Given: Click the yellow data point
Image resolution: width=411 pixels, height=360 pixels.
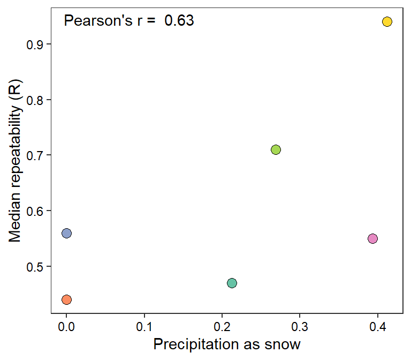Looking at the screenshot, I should (x=387, y=22).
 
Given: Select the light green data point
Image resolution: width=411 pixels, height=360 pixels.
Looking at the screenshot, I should (x=276, y=149).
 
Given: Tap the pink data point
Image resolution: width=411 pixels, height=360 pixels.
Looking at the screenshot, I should (x=373, y=238).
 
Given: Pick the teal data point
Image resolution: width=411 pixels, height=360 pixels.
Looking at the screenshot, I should (x=232, y=283).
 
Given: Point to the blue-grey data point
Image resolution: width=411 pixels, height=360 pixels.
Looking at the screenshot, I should (x=66, y=233).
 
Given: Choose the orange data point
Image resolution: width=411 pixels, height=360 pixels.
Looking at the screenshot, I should (x=66, y=299).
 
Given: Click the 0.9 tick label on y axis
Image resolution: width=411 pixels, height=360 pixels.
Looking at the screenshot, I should (x=35, y=44).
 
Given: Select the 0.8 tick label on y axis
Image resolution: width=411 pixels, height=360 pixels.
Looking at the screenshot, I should (x=35, y=100).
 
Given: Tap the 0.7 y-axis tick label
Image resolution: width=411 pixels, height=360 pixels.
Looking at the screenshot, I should (x=35, y=155).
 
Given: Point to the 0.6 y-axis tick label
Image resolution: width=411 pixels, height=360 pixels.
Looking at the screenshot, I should (x=35, y=211).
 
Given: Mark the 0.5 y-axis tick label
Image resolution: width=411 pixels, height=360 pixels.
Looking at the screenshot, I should (x=35, y=267).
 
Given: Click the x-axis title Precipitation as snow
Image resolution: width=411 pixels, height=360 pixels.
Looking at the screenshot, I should (x=227, y=344).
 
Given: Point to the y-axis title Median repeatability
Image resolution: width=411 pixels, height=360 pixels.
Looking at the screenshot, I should (x=16, y=161).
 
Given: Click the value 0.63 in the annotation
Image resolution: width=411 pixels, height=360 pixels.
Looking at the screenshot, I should (x=179, y=21).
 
